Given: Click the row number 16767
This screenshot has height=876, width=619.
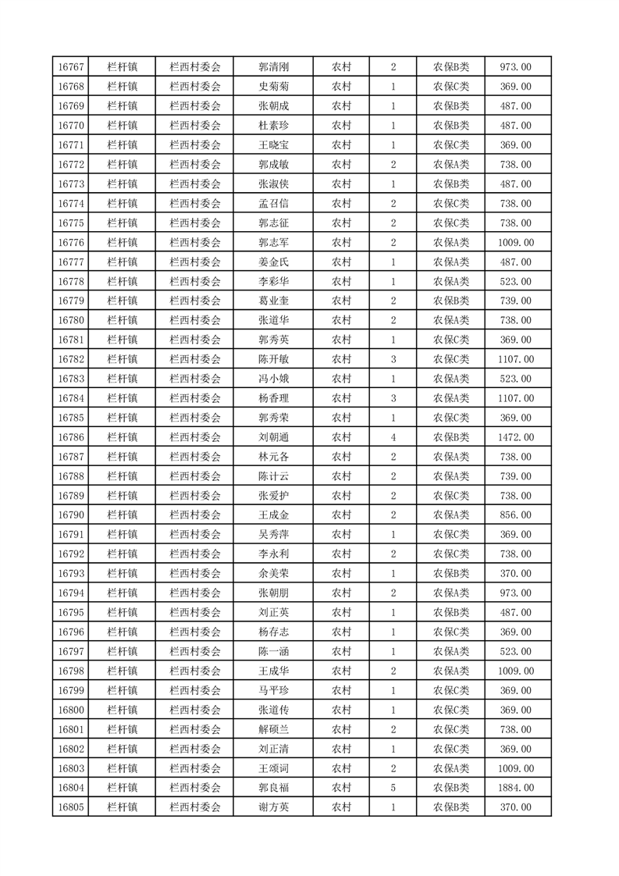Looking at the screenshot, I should point(71,67).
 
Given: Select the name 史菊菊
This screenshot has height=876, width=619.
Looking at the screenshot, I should point(273,87).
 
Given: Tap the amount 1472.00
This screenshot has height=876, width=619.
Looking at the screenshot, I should point(516,437).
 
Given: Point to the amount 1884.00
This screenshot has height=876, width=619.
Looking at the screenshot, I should point(516,788).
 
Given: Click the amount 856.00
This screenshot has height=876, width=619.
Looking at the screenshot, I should point(516,515).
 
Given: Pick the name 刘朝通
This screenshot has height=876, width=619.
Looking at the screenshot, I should point(273,437).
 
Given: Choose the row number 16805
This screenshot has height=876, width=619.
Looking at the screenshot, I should point(71,807).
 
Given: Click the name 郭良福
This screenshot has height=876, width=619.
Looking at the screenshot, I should point(273,788).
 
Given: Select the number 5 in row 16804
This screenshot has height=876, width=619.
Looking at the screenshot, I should point(393,788).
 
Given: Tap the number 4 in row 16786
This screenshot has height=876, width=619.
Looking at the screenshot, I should point(393,437).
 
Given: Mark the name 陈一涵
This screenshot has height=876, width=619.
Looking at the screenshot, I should point(273,651).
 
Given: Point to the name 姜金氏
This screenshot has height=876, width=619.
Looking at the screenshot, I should point(273,262).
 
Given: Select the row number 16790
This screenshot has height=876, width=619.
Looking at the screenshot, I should point(71,515).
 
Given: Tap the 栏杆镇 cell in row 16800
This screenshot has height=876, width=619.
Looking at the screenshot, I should point(123,710).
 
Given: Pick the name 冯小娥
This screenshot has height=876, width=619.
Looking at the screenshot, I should point(273,379).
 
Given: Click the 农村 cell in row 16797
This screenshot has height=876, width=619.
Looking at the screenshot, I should point(341,651).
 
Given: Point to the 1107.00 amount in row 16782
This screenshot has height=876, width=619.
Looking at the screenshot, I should point(516,359).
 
